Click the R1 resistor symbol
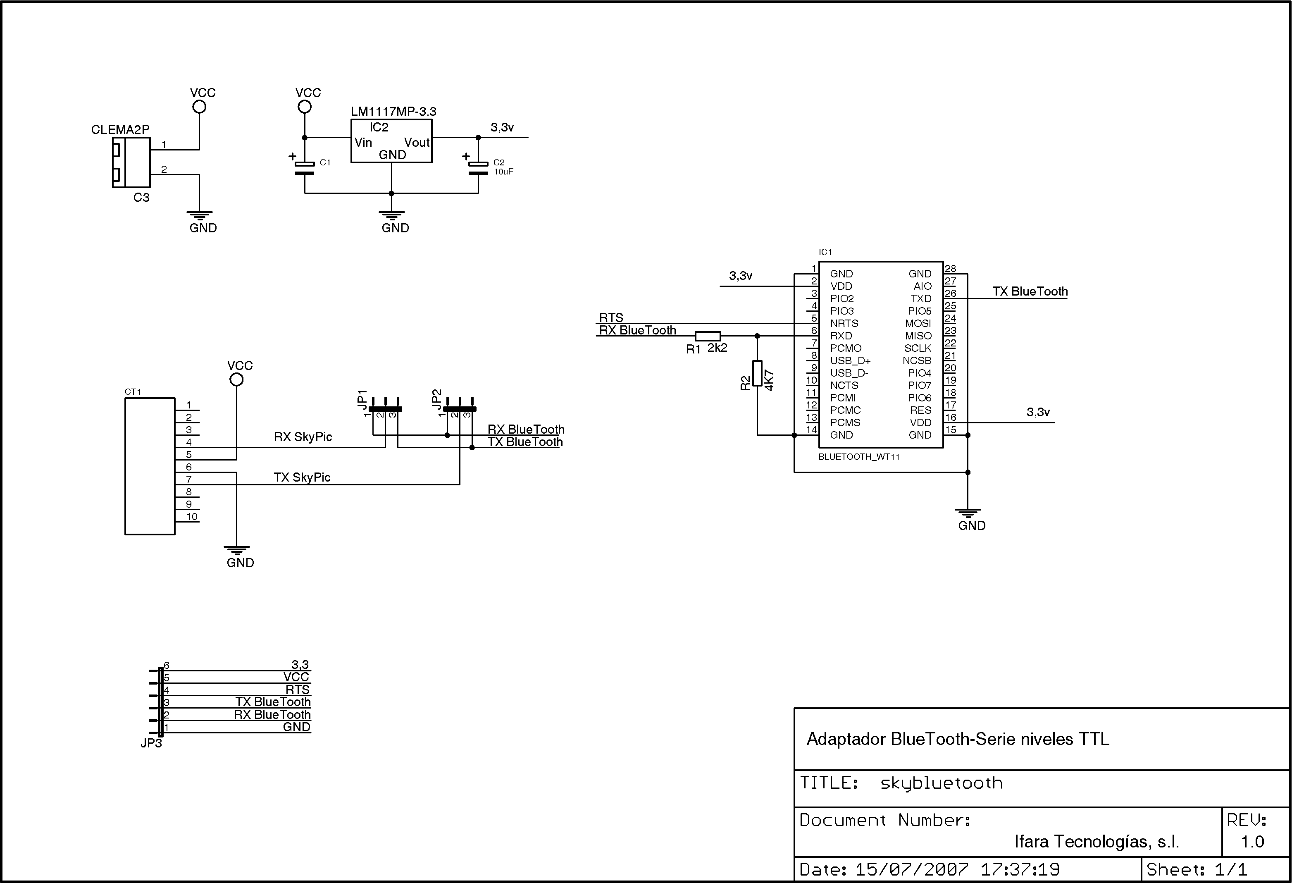(x=708, y=336)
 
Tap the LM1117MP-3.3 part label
(x=393, y=111)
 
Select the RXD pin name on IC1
(x=841, y=336)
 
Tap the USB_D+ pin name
(x=851, y=361)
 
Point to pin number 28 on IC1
(x=950, y=269)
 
